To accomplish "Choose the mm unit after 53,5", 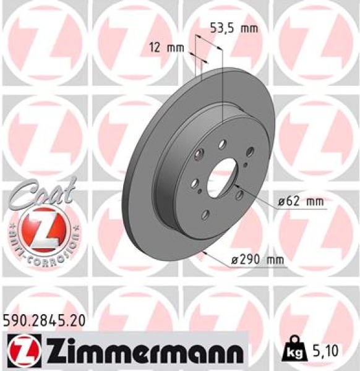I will [x=249, y=28].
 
